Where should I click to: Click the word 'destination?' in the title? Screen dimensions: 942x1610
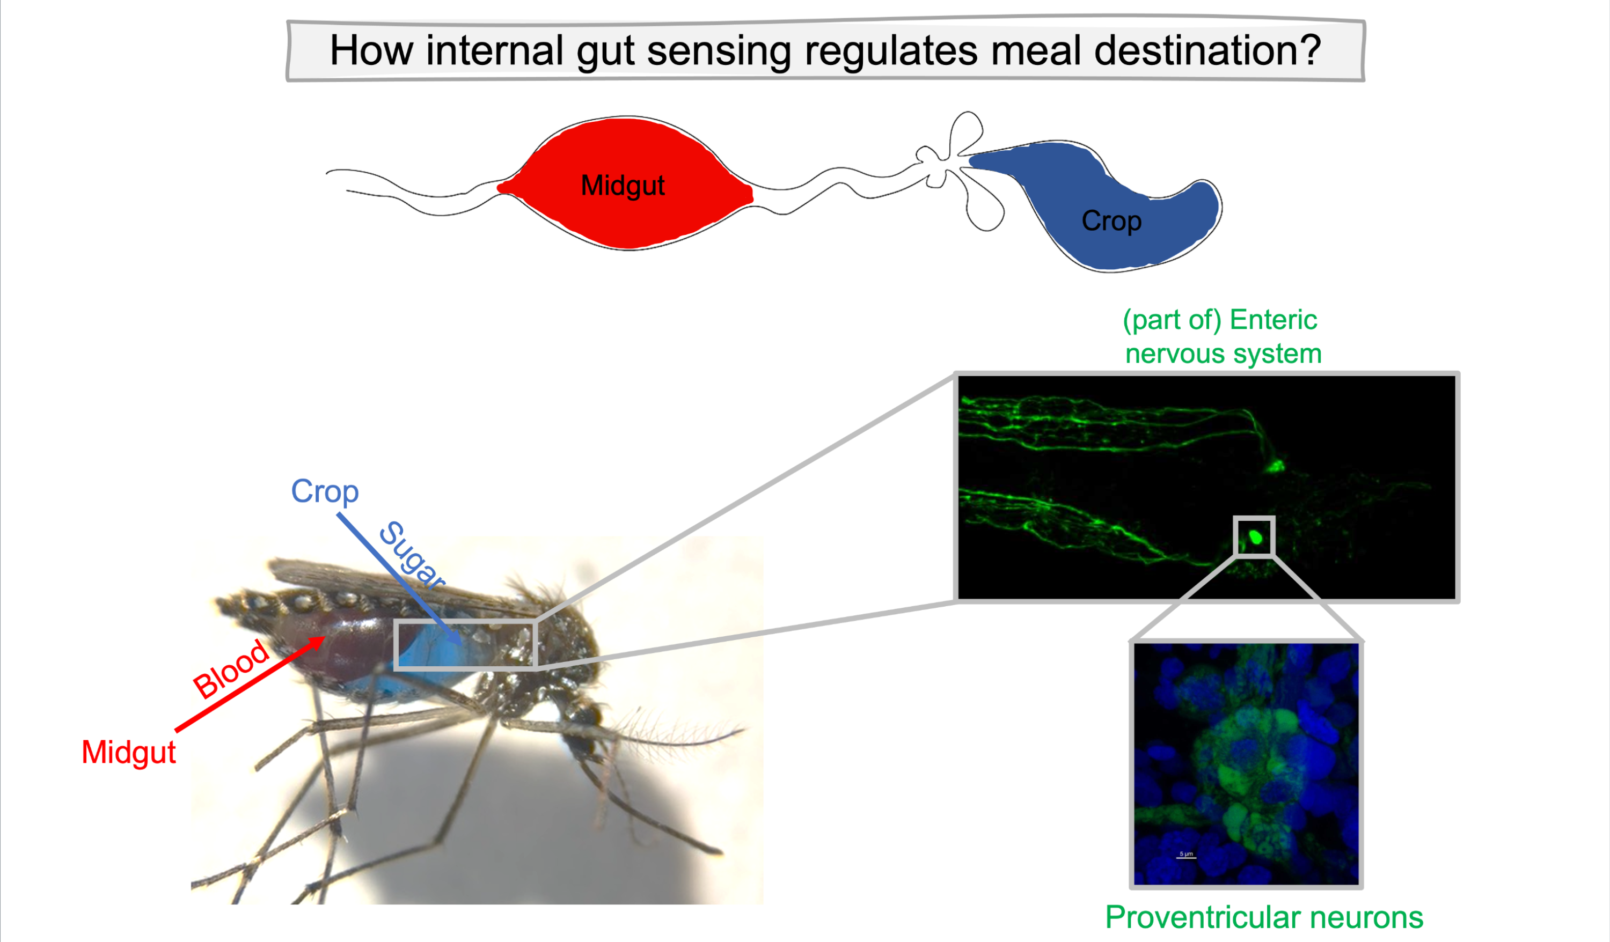[1207, 51]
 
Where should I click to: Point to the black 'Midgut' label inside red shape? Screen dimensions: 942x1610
[623, 186]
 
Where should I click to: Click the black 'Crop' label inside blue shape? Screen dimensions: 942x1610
[1111, 222]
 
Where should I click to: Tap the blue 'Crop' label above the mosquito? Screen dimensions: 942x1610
[325, 492]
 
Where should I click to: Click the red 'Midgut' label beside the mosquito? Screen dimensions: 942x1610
[128, 752]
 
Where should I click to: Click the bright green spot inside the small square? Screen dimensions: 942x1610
[1255, 537]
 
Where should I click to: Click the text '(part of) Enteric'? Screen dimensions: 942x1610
[1220, 320]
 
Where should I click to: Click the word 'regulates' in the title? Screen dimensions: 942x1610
[891, 51]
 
